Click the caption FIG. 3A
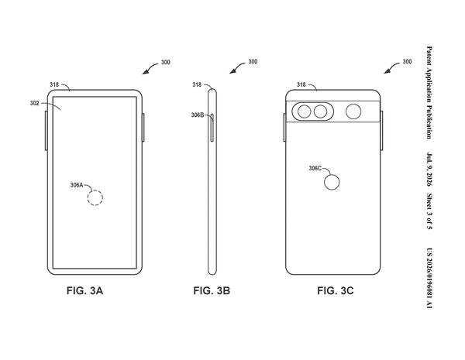click(84, 290)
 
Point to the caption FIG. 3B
click(212, 290)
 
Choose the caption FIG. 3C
click(336, 290)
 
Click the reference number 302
click(34, 103)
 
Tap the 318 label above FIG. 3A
click(54, 84)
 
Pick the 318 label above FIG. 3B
click(197, 84)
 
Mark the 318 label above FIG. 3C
click(301, 84)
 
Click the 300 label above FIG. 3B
click(253, 62)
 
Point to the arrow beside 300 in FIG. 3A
click(150, 67)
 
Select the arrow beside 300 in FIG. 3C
click(391, 67)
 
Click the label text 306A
click(77, 185)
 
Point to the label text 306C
click(315, 168)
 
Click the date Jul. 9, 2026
click(429, 170)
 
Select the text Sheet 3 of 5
click(429, 211)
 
